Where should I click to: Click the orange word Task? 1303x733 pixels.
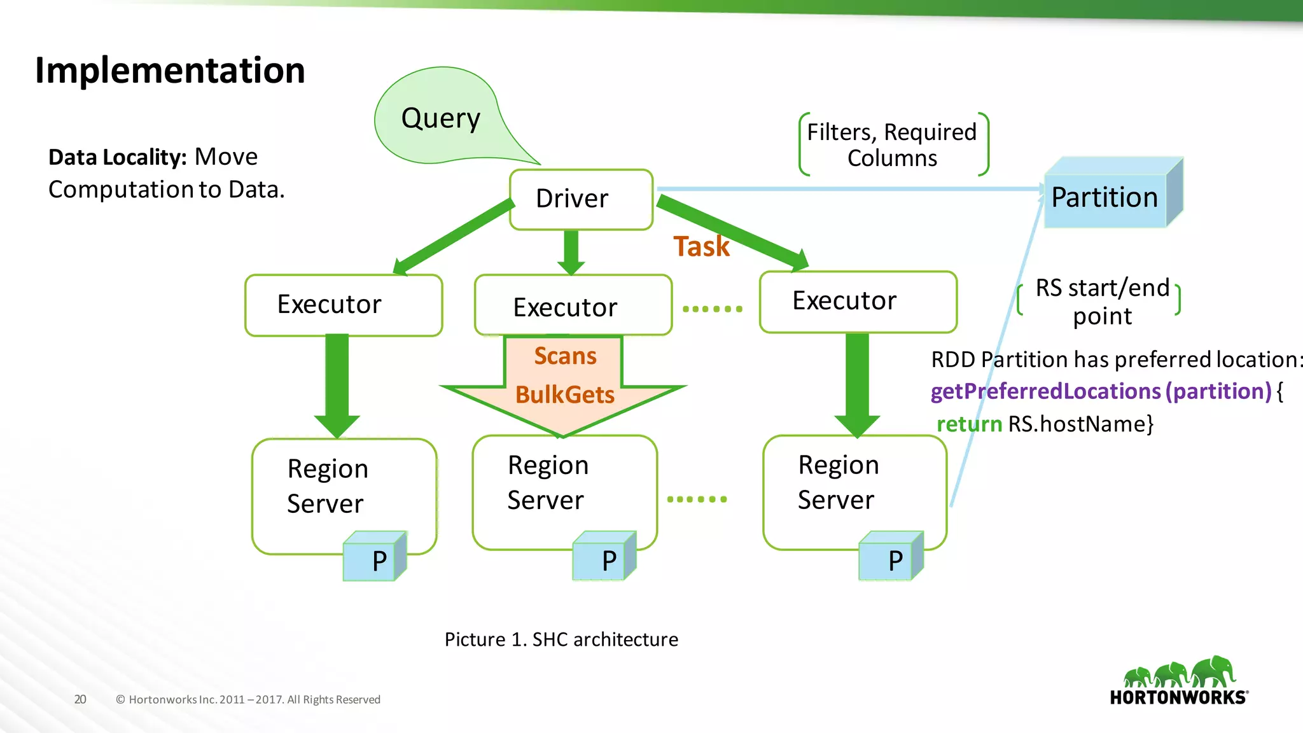coord(701,247)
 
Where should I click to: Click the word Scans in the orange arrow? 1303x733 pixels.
coord(565,356)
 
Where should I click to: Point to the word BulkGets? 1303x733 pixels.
coord(564,395)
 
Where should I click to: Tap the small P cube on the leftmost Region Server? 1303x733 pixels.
coord(374,557)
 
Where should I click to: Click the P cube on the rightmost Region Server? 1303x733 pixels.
coord(890,557)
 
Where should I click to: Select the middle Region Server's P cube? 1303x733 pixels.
coord(604,557)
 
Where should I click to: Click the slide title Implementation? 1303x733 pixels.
coord(170,70)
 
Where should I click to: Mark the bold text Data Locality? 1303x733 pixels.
coord(117,157)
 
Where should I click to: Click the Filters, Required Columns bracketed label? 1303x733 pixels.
coord(892,145)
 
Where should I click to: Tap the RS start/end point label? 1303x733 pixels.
coord(1102,302)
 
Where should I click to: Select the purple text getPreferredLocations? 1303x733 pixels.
coord(1046,391)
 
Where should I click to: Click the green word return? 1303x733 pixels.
coord(969,424)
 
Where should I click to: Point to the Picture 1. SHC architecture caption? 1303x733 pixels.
coord(561,639)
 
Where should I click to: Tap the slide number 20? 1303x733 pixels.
coord(80,699)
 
